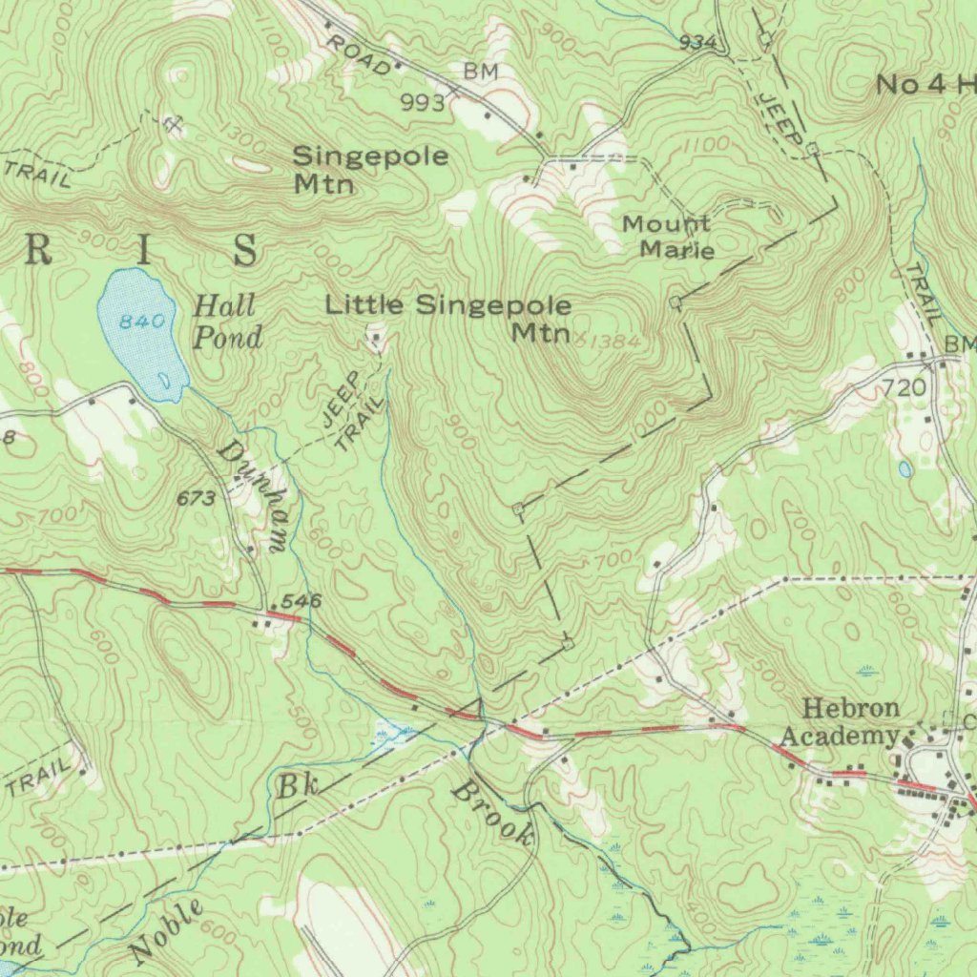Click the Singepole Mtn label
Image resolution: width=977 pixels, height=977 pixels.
369,169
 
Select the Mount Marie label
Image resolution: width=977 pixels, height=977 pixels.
668,237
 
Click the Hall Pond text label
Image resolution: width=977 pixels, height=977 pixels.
226,321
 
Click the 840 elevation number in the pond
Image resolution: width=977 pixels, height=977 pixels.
142,322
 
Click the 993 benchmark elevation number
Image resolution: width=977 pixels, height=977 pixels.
423,103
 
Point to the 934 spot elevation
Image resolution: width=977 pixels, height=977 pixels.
697,42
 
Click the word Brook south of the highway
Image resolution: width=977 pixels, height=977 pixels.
492,812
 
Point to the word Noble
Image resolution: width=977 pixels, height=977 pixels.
167,930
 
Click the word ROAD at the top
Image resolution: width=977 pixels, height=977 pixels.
358,54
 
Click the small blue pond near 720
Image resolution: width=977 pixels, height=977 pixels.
904,468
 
